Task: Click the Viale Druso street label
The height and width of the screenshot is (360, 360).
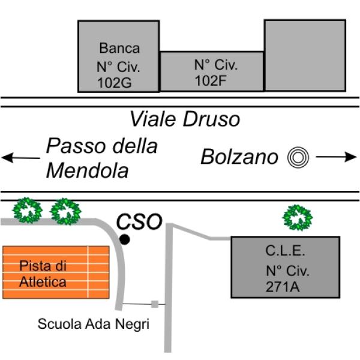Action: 185,119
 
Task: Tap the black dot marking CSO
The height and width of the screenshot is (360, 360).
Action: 124,239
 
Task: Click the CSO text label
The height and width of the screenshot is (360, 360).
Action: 139,221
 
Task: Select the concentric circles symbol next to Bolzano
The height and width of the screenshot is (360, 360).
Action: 298,157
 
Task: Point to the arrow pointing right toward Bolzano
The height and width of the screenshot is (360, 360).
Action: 336,157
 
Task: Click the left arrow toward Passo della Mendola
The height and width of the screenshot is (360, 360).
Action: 22,158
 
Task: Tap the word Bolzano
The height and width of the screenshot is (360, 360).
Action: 239,157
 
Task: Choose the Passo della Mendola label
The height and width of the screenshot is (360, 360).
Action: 101,158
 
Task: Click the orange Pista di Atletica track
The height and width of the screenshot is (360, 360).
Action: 56,272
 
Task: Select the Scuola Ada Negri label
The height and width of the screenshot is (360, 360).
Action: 93,325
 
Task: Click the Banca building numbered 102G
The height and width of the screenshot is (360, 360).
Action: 119,56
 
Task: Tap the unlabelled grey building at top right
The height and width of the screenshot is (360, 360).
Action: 305,55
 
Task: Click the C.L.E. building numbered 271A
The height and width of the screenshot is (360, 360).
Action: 286,267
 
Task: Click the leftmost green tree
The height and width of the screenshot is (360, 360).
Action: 28,210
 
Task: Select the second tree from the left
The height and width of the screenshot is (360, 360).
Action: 65,211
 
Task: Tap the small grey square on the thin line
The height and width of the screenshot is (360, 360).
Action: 155,304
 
